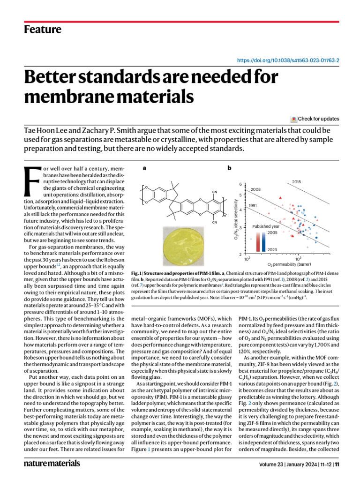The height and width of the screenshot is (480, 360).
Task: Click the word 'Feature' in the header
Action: (x=43, y=30)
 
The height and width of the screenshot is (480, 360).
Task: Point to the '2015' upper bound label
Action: (x=296, y=181)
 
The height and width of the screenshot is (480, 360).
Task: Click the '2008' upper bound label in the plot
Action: (x=255, y=189)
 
